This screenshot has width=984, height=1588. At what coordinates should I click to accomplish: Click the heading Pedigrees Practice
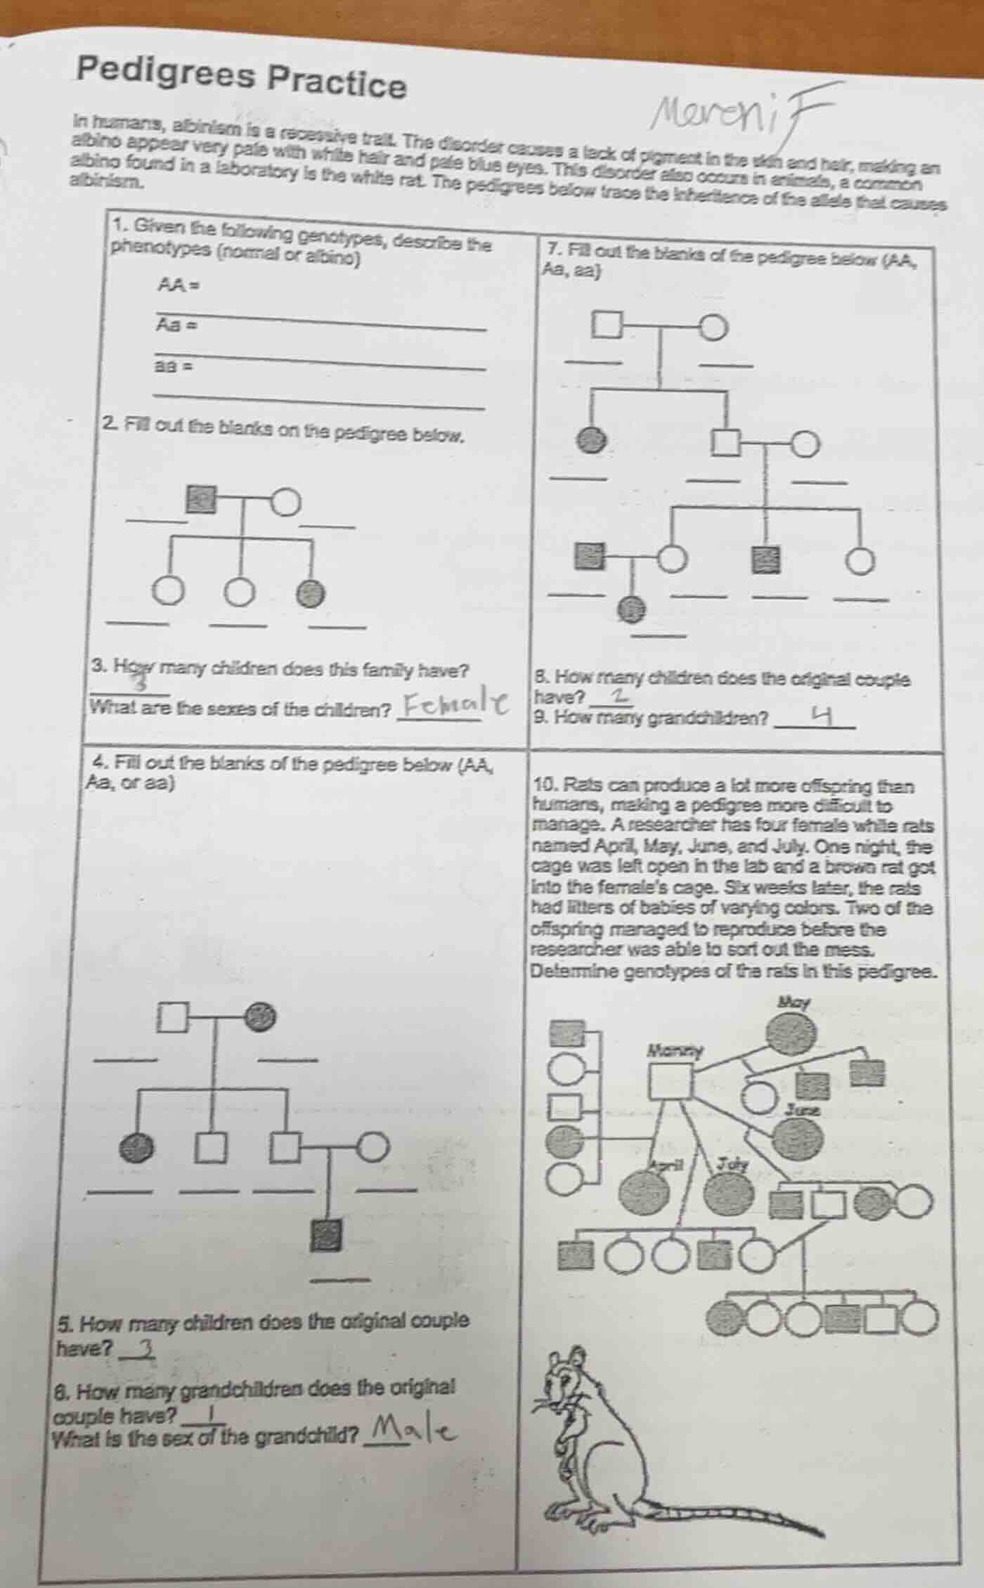coord(242,79)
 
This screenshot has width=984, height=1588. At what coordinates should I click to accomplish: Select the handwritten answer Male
coord(408,1431)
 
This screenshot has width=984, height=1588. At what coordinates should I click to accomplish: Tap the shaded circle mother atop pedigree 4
coord(261,1014)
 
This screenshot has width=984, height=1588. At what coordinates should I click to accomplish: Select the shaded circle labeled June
coord(799,1135)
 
